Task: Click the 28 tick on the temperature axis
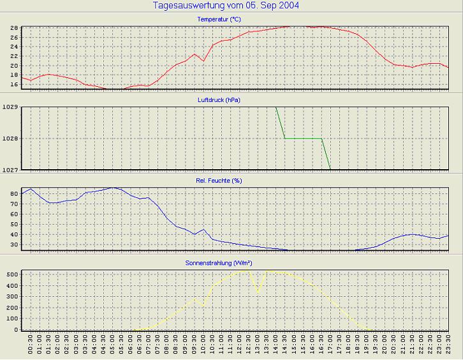[x=13, y=28]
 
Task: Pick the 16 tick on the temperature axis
[x=13, y=84]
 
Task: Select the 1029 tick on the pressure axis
[x=10, y=107]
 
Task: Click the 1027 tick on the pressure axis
[x=10, y=170]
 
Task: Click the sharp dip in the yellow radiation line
[x=258, y=292]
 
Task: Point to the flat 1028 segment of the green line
[x=303, y=138]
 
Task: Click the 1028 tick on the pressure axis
[x=10, y=139]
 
